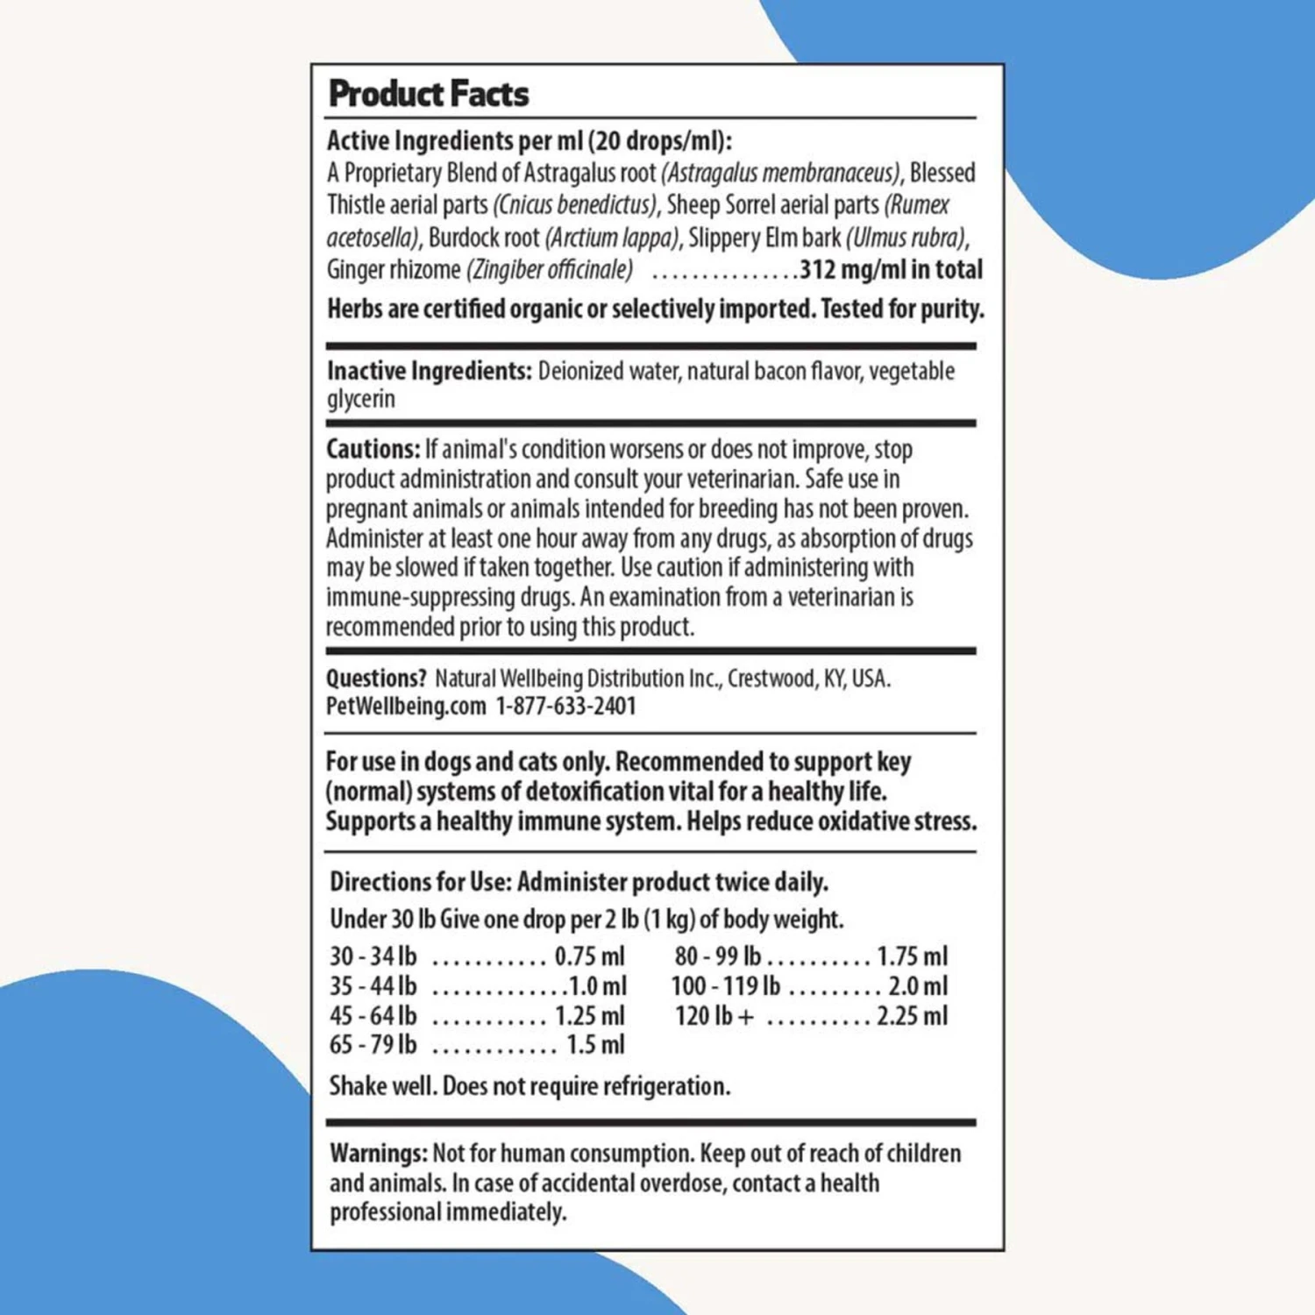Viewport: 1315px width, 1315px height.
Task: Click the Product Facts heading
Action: coord(428,94)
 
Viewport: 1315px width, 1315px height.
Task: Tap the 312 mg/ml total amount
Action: coord(891,269)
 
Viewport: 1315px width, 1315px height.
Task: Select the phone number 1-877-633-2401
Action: coord(565,706)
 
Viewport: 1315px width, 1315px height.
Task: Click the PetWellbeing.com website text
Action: coord(406,706)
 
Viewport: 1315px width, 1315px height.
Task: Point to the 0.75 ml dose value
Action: coord(589,956)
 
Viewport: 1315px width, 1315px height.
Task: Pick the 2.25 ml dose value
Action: coord(912,1015)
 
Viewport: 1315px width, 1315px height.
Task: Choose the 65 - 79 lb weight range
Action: coord(373,1045)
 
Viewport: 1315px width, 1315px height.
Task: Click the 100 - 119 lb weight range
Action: coord(726,985)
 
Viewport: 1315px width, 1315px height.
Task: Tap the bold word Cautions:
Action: coord(373,449)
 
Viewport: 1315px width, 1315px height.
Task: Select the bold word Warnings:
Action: coord(379,1153)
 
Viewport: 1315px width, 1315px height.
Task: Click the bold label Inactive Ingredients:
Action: coord(430,371)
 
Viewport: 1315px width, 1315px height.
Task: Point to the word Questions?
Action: coord(376,678)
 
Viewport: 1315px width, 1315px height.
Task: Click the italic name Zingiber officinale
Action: coord(550,269)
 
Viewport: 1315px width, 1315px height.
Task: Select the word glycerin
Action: coord(361,399)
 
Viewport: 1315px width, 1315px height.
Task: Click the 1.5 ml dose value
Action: coord(595,1045)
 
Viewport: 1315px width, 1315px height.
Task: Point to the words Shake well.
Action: coord(382,1086)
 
